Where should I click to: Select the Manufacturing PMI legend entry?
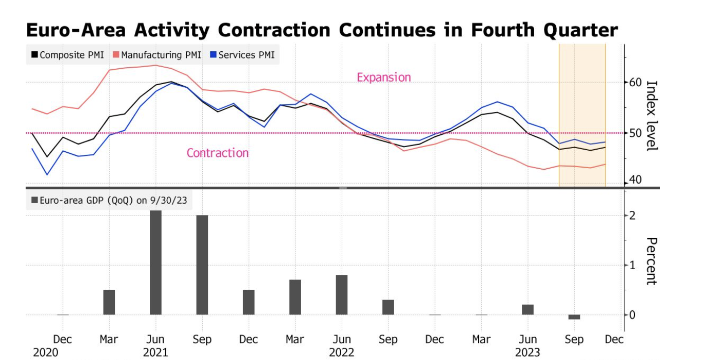pos(157,55)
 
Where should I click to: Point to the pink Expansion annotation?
pos(384,77)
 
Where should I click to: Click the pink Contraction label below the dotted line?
pos(218,153)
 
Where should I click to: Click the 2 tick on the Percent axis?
pos(633,215)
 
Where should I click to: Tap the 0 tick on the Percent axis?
pos(633,315)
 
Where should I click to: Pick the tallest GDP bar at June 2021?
pos(155,263)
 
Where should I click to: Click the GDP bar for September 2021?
pos(202,265)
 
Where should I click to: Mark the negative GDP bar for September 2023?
pos(574,317)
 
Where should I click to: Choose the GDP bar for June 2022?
pos(342,295)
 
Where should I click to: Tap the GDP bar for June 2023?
pos(528,310)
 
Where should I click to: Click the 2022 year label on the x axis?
pos(341,353)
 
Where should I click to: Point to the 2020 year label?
pos(46,353)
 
